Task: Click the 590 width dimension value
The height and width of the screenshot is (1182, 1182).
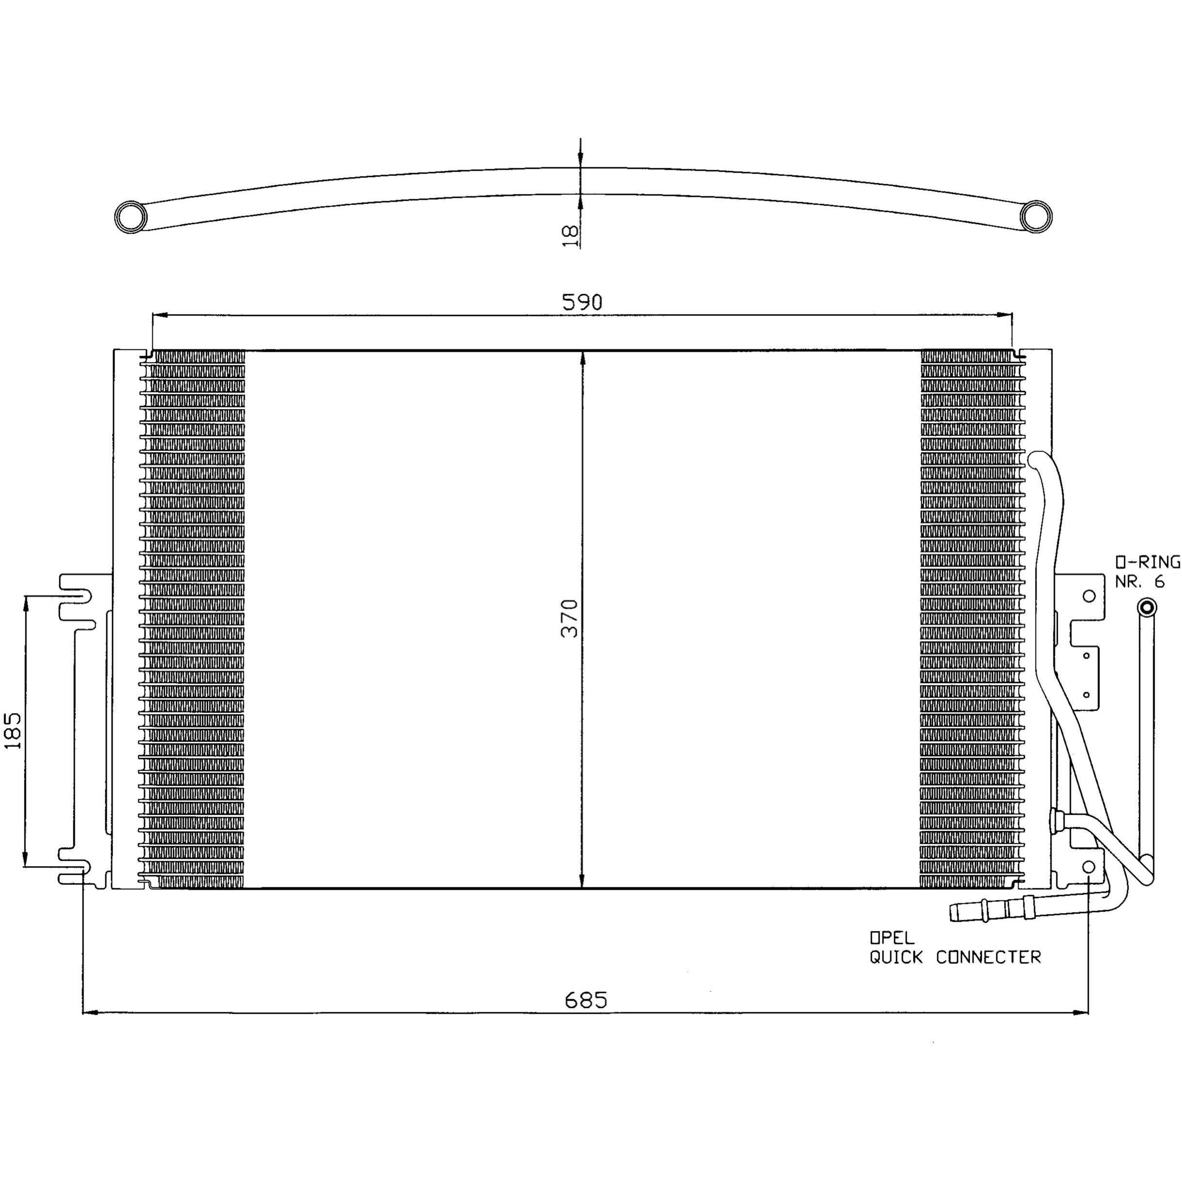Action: (x=582, y=302)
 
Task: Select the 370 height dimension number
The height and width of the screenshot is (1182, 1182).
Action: (x=569, y=618)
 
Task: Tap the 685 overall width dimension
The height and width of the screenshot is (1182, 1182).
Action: (x=586, y=1000)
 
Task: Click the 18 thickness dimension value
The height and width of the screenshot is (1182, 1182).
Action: (x=569, y=235)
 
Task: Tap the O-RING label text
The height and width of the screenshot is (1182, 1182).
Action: (x=1147, y=562)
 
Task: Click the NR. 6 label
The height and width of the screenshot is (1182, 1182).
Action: (x=1139, y=582)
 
